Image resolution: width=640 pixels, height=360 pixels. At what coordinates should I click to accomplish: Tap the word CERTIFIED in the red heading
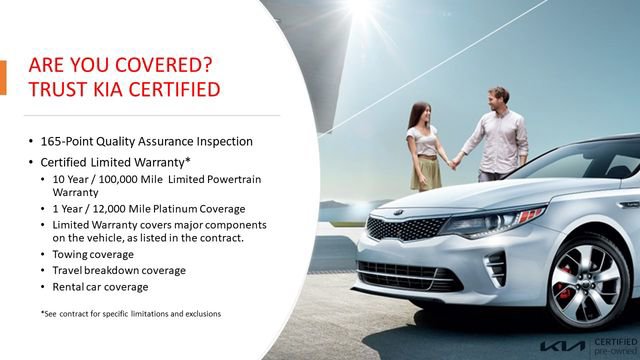[167, 91]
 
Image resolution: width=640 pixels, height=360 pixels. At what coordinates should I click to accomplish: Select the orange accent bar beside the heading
[3, 78]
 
